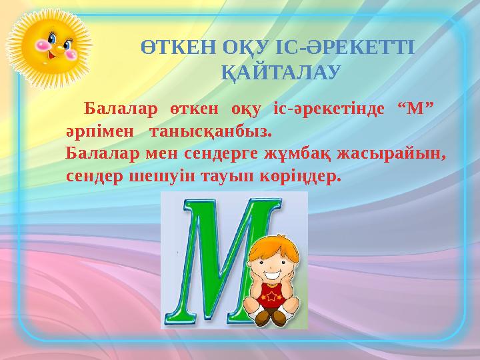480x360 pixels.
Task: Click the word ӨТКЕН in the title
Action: [174, 49]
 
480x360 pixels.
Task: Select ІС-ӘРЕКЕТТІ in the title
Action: [346, 49]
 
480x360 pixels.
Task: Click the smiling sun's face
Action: [54, 46]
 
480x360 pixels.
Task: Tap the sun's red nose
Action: [59, 48]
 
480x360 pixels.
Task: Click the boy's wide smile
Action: [273, 273]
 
